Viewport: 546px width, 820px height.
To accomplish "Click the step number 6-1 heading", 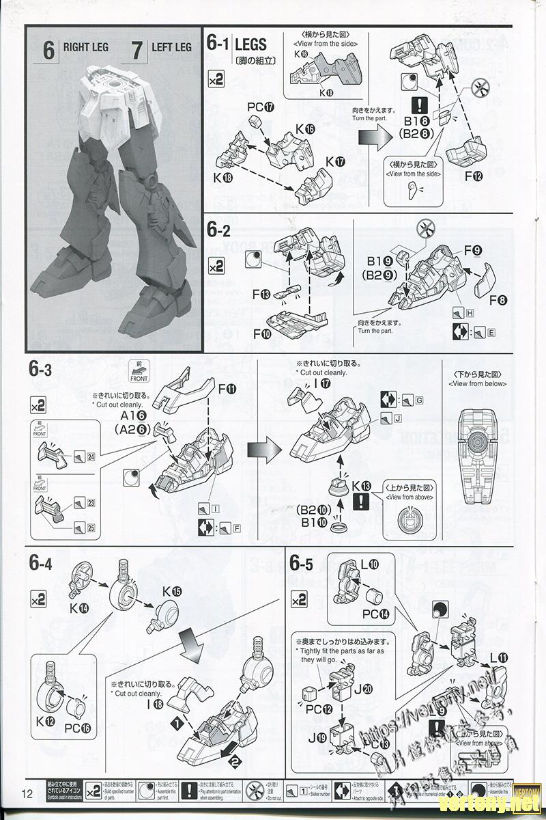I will [x=218, y=46].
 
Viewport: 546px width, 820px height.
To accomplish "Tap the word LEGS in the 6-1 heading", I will [x=250, y=46].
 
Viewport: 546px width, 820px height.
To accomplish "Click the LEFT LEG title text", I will [x=171, y=47].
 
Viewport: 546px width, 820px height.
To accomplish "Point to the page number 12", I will [x=27, y=793].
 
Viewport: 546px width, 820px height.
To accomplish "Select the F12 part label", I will [x=474, y=176].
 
